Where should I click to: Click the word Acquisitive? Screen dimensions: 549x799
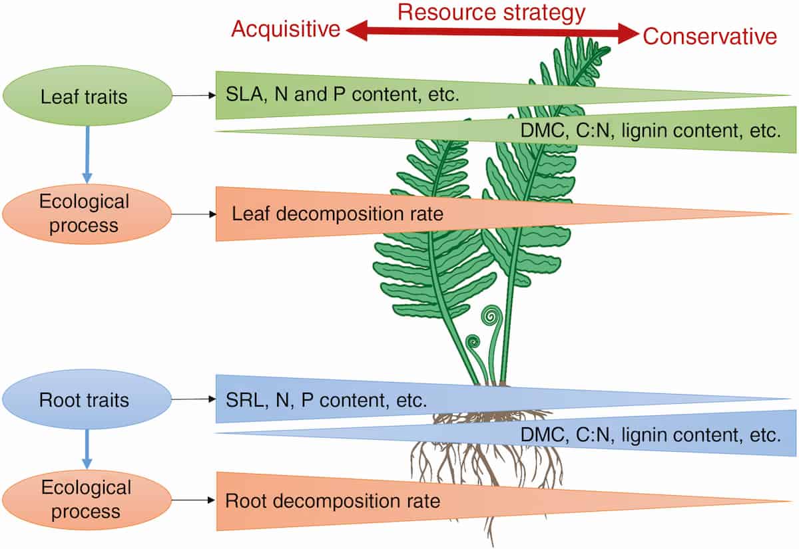[x=286, y=29]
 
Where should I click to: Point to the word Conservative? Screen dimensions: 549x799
[x=710, y=37]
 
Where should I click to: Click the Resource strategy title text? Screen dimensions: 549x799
[x=491, y=12]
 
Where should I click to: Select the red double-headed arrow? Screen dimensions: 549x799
[x=491, y=32]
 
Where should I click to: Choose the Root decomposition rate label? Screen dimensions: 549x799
[x=333, y=500]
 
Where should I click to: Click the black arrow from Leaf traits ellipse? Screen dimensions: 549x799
[x=194, y=96]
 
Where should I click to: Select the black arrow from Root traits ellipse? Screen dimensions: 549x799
[x=194, y=400]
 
